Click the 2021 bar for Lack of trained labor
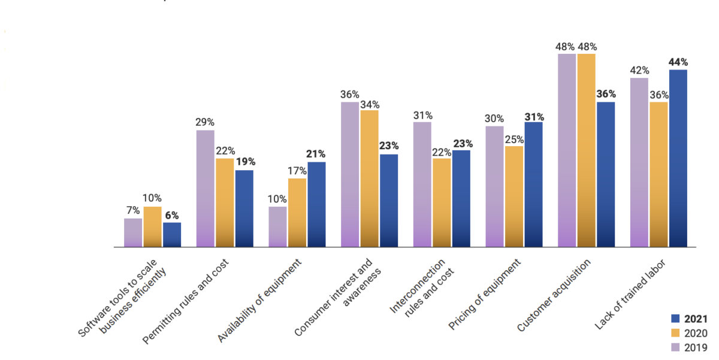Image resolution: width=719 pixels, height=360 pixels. click(678, 158)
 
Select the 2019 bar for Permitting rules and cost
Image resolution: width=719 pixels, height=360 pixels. click(205, 189)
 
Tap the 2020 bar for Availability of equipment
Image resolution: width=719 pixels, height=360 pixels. click(297, 213)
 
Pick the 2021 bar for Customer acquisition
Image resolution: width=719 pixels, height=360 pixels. click(606, 174)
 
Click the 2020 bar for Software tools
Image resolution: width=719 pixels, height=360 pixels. click(153, 227)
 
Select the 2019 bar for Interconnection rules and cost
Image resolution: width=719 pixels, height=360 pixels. click(422, 184)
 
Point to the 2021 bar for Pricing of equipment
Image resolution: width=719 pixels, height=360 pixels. click(533, 184)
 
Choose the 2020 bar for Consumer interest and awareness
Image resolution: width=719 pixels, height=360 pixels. click(370, 179)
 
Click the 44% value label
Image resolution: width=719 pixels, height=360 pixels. click(678, 62)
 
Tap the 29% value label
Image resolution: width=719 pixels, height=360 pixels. click(205, 122)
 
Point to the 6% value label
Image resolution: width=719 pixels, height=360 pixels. click(172, 215)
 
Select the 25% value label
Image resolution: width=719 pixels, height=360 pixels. click(514, 139)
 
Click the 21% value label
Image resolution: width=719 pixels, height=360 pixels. click(316, 154)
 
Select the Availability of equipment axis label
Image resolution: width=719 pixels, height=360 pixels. click(264, 299)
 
